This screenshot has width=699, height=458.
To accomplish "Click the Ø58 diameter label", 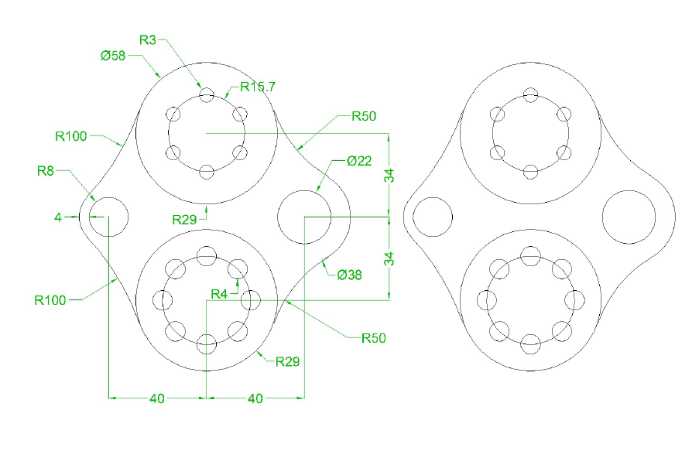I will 113,56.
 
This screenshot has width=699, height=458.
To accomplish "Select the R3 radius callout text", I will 149,39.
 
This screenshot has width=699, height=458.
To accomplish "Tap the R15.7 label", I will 258,87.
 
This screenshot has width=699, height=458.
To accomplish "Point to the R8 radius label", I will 46,171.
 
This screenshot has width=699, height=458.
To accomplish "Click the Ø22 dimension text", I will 359,162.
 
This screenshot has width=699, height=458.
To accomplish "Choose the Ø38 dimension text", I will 350,273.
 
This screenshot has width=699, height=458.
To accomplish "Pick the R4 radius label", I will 221,294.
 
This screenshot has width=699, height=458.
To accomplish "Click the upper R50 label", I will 364,117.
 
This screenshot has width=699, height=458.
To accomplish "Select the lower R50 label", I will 373,338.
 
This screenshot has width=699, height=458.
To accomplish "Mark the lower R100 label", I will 50,299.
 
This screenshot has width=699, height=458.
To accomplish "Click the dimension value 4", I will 57,217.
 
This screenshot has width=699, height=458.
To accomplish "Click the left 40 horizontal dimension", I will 157,398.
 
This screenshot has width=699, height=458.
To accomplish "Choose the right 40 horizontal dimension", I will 255,398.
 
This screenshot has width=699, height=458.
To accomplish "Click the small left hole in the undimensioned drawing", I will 433,217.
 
